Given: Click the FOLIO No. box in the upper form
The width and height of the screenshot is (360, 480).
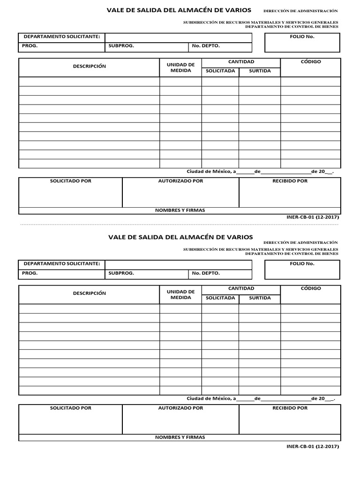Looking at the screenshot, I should coord(302,42).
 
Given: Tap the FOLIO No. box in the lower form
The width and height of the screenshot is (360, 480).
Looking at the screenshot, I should coord(302,269).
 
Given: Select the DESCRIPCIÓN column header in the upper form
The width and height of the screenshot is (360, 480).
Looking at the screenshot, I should coord(89,67).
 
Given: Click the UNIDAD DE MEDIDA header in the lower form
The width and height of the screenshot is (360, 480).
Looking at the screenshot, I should coord(180,294).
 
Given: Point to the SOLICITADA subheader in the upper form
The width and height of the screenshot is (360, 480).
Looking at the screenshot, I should coord(220,71).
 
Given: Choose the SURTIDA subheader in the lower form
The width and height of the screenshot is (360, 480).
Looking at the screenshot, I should coord(260,298).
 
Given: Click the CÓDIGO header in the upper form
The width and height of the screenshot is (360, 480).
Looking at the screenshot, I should coord(310,62).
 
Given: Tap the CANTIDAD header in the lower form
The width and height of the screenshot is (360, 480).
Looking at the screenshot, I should coord(241,289).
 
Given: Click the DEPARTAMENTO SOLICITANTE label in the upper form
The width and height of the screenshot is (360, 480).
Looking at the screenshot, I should coord(62,37).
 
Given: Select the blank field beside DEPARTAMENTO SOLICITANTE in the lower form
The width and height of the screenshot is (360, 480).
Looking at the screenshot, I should coord(178,264).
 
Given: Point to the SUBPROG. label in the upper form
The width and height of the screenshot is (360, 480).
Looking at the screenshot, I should coord(121,46).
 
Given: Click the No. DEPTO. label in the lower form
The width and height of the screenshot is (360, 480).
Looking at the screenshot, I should coord(205,273).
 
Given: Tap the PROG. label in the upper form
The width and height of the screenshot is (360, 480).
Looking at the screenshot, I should coord(30,46).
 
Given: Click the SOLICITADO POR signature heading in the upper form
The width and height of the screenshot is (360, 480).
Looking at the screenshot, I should coord(71,181).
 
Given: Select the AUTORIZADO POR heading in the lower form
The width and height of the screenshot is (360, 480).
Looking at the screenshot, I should coord(180,408).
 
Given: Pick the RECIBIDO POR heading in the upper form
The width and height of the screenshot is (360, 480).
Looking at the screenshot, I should coord(290,181).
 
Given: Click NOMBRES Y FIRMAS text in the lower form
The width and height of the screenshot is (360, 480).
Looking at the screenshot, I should coord(180,437).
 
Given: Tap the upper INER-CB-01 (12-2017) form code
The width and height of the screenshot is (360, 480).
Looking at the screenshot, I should coord(312,217).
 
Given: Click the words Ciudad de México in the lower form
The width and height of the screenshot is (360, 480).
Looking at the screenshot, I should coord(208,398).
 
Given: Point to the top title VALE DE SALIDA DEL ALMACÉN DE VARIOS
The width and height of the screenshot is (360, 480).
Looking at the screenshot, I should coord(179,10).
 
